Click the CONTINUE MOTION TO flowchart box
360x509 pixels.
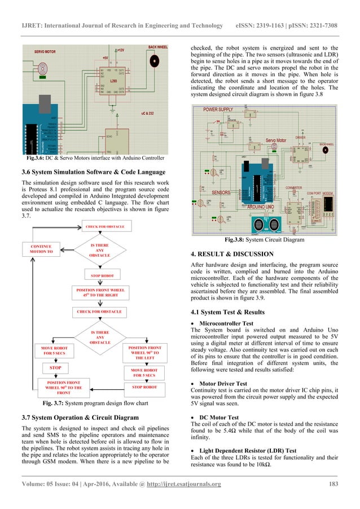pos(42,249)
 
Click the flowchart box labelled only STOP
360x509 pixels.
pos(55,367)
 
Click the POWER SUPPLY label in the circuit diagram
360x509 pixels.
pos(218,108)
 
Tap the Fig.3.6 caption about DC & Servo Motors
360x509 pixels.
pos(91,157)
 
